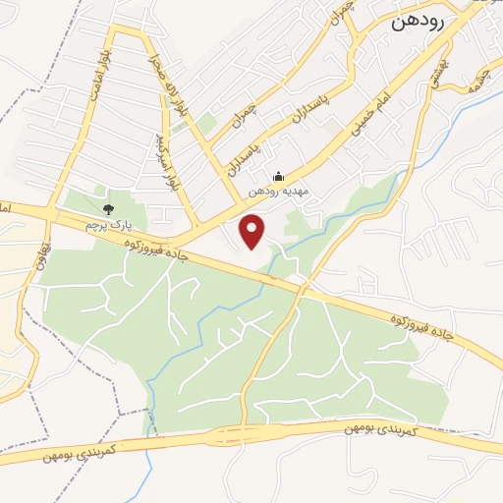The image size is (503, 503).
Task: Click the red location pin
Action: coord(253,232)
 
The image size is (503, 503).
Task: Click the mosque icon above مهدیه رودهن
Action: coord(280,177)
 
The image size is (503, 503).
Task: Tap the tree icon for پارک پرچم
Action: coord(108,209)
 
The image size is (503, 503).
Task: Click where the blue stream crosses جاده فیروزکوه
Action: coord(264,278)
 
